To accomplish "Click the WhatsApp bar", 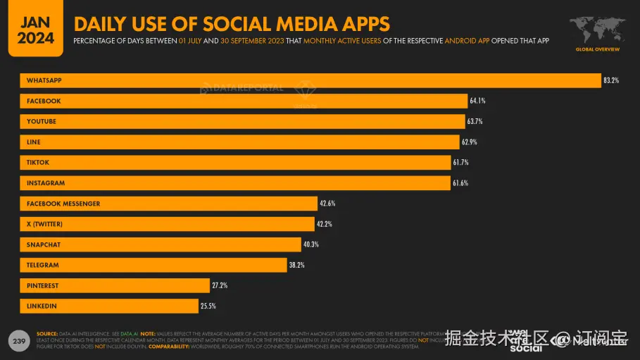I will click(310, 80).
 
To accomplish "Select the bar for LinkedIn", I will click(109, 306).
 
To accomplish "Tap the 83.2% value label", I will click(610, 80).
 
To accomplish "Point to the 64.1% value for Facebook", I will click(477, 101).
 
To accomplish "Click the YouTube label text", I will click(42, 121).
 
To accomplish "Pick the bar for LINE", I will click(239, 142).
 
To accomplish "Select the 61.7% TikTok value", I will click(460, 163).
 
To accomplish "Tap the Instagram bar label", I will click(46, 183).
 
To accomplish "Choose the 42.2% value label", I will click(324, 224).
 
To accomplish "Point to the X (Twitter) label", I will click(45, 224).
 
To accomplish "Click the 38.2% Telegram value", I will click(296, 265).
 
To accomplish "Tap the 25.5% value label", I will click(207, 306).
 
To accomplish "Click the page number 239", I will click(18, 341).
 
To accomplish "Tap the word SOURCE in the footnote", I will click(47, 333).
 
